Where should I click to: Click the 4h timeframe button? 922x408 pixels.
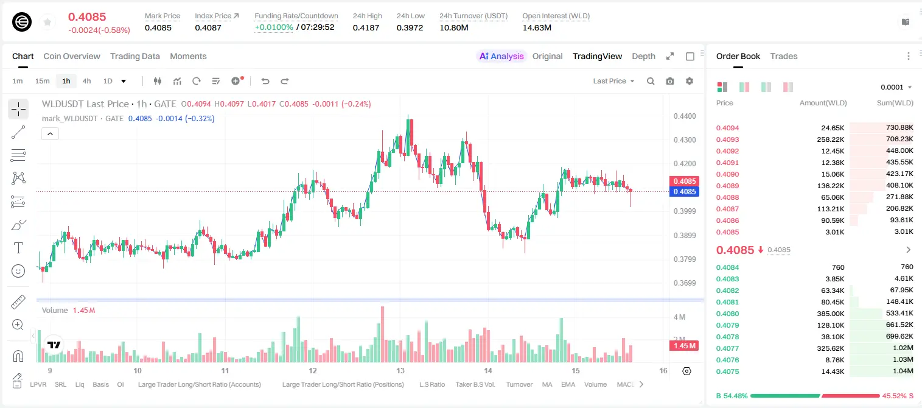point(86,81)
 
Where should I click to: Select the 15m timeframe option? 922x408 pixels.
point(42,81)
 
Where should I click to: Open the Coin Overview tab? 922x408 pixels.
point(72,56)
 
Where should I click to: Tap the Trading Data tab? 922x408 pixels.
point(134,56)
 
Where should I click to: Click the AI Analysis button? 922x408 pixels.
point(501,56)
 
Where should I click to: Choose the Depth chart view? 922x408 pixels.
point(643,56)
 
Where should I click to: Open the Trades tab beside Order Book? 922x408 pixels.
point(783,56)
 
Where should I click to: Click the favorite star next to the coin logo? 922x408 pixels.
point(47,22)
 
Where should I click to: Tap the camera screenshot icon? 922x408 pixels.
point(669,81)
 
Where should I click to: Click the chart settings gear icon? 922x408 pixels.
point(690,81)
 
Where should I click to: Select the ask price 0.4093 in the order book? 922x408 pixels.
point(727,139)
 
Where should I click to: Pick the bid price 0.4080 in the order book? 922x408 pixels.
point(727,314)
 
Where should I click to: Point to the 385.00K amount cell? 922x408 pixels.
point(830,314)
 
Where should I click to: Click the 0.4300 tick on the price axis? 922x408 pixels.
point(685,140)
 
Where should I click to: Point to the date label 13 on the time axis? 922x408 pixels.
point(400,370)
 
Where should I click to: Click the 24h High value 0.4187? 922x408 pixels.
point(366,27)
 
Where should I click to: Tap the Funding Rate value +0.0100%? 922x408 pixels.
point(274,27)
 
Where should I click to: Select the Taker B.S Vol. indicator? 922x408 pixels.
point(475,384)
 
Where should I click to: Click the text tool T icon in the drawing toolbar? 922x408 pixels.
point(18,248)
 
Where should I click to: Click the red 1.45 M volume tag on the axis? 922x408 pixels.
point(685,345)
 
